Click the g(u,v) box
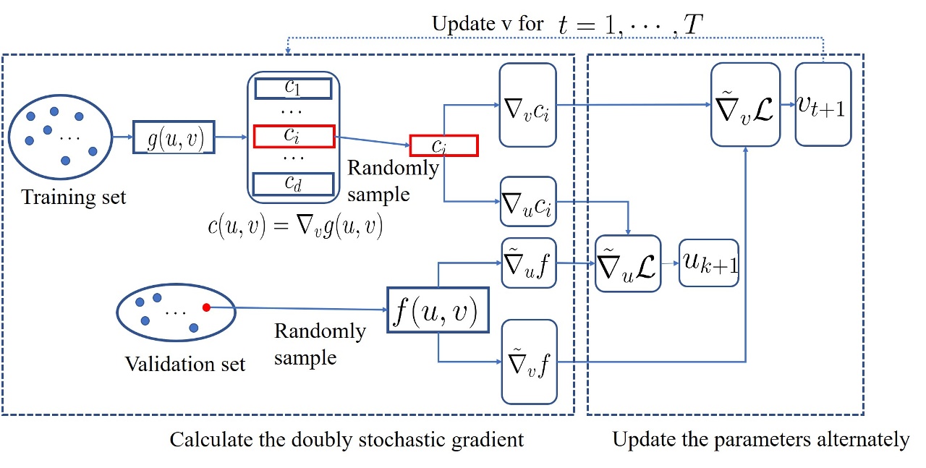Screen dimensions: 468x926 tap(175, 137)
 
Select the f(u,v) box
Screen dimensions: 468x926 tap(438, 310)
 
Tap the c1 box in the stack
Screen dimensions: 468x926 tap(293, 88)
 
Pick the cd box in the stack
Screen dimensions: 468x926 tap(293, 184)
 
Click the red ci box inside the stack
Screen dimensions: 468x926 tap(293, 136)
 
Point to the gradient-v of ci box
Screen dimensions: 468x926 tap(528, 104)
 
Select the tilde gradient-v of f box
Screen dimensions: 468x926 tap(529, 362)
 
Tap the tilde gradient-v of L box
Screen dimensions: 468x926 tap(745, 104)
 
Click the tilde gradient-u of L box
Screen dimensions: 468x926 tap(628, 263)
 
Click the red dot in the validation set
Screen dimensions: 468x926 tap(206, 307)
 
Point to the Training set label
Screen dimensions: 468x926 tap(73, 197)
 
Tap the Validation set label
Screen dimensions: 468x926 tap(185, 363)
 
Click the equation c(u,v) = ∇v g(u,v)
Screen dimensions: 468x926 tap(294, 226)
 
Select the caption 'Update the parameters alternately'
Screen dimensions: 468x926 tap(760, 439)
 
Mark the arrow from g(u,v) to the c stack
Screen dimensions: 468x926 tap(231, 136)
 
